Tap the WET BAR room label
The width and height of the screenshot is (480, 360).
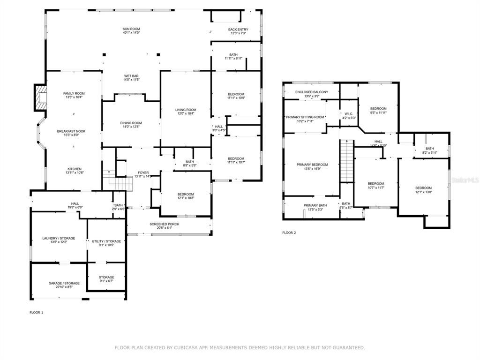click(x=131, y=76)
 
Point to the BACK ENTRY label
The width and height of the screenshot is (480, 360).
click(x=239, y=30)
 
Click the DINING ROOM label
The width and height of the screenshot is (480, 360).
click(x=131, y=123)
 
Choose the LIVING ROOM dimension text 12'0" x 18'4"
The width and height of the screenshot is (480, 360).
click(x=186, y=113)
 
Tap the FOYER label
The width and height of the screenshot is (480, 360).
click(x=143, y=172)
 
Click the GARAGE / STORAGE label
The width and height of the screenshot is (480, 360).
click(x=64, y=283)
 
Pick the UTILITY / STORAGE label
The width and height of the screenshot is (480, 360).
click(x=106, y=241)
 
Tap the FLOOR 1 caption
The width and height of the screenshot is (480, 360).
click(x=37, y=312)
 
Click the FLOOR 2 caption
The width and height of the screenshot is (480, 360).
click(x=289, y=232)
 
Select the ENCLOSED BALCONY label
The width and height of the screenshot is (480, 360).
click(x=312, y=92)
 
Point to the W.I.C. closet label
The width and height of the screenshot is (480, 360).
click(x=348, y=113)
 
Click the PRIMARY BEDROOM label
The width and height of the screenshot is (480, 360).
click(x=312, y=165)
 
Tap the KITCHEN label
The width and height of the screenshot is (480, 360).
click(x=74, y=169)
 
